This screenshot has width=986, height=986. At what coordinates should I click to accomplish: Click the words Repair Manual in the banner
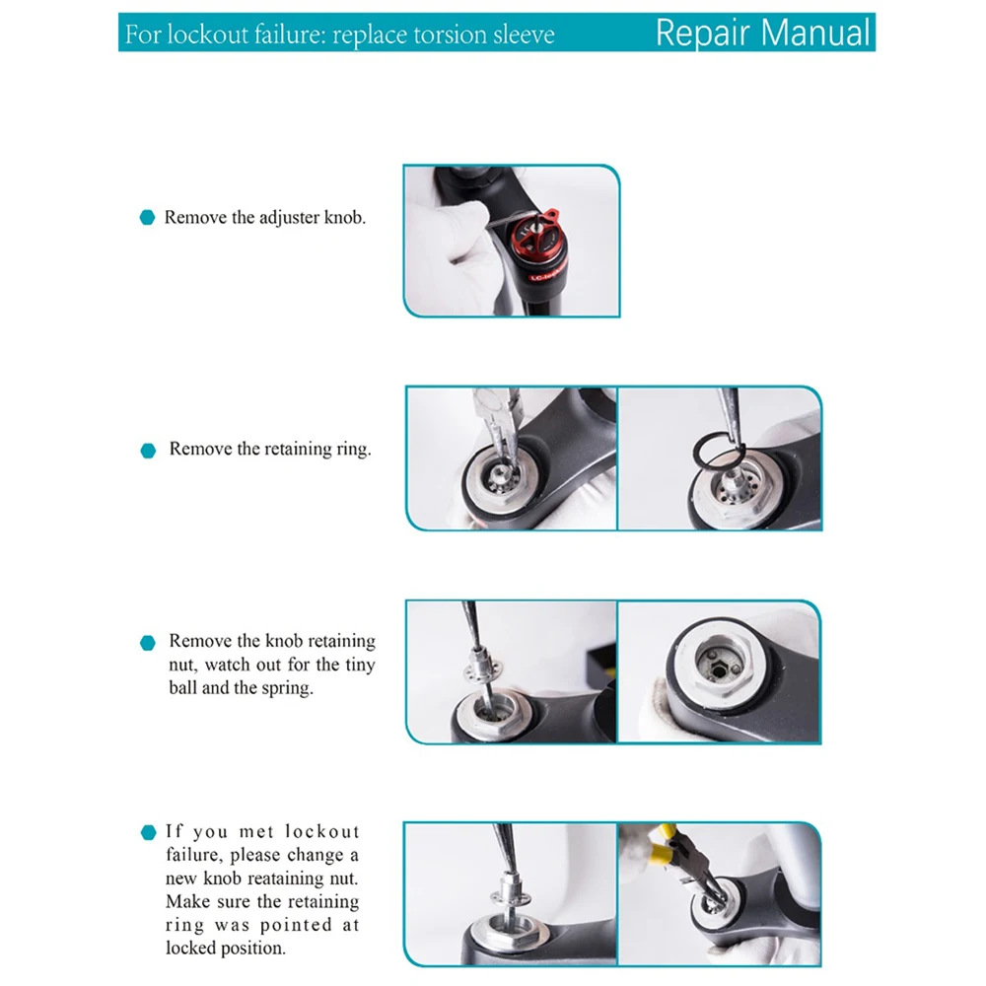tap(763, 33)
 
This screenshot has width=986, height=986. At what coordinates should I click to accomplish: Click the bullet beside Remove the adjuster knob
tap(147, 218)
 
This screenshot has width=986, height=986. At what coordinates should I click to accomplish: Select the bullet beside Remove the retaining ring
tap(148, 451)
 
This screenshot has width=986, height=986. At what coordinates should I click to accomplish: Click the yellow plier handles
tap(663, 845)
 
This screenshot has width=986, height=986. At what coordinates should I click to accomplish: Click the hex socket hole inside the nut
tap(719, 670)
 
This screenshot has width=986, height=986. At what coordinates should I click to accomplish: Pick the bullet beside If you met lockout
tap(149, 832)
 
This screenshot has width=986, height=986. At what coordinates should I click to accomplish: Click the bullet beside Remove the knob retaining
tap(148, 643)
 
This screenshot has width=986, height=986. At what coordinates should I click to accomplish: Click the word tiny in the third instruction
tap(359, 666)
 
